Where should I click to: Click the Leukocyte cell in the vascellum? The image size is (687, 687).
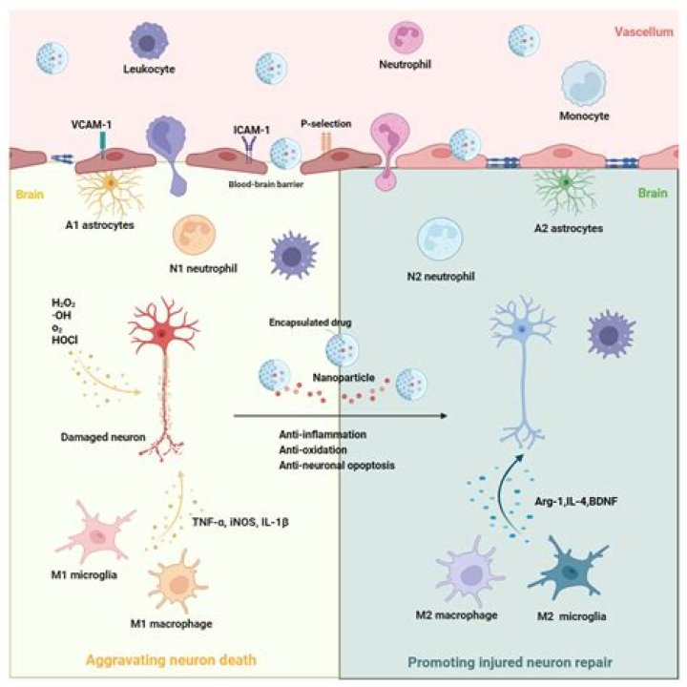coord(151,42)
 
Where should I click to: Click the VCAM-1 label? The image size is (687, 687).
coord(92,125)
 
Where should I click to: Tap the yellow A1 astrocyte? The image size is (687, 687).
coord(111,183)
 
